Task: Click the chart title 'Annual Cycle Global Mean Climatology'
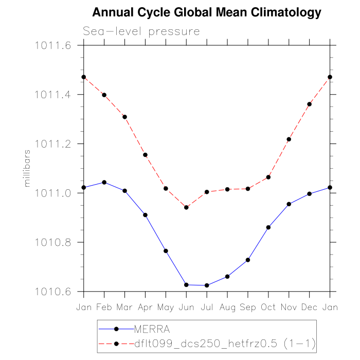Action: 207,12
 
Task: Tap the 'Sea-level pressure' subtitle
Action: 141,32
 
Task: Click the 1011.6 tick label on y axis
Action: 52,46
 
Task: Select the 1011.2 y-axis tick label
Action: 52,144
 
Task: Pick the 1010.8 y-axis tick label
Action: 52,242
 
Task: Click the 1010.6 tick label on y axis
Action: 52,292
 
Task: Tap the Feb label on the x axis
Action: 104,307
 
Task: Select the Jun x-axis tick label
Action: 186,307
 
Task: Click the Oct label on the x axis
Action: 268,307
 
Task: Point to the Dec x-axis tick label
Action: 309,307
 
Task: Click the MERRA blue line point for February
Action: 104,182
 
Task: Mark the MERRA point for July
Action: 207,285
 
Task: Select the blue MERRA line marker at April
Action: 146,215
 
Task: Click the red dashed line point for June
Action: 186,207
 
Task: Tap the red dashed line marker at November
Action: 289,139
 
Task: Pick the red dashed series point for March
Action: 125,117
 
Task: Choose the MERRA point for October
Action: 268,227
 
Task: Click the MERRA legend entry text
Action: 152,329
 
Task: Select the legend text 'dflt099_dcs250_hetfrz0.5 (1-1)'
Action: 224,343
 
